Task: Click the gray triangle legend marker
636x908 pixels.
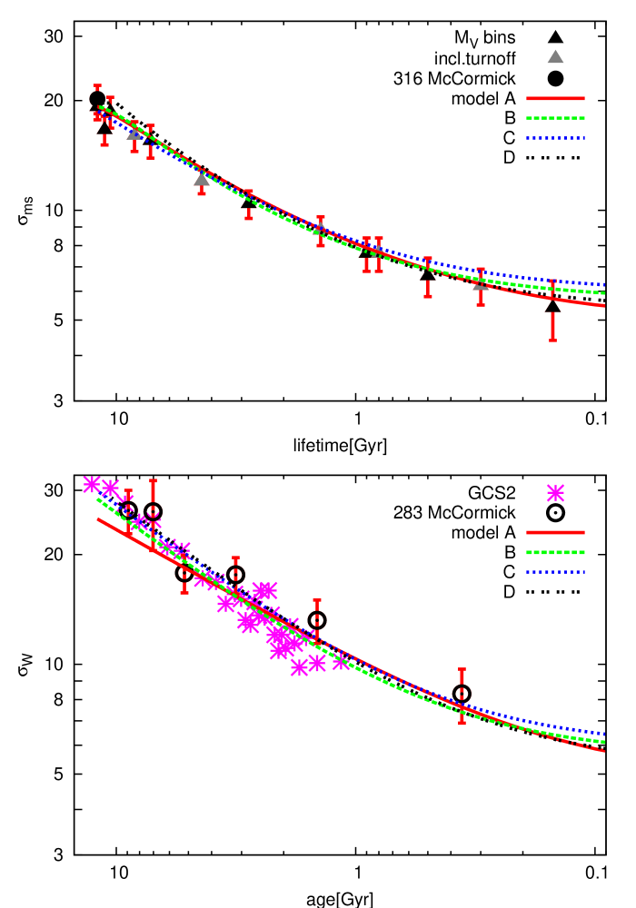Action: pyautogui.click(x=555, y=57)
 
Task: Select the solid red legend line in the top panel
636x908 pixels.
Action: pyautogui.click(x=555, y=98)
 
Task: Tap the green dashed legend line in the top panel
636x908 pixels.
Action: pyautogui.click(x=555, y=118)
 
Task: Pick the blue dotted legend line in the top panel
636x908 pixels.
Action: pyautogui.click(x=555, y=138)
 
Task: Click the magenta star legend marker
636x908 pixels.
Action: pyautogui.click(x=555, y=493)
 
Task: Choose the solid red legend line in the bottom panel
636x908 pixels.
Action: pyautogui.click(x=555, y=532)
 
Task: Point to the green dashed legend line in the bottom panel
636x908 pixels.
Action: pyautogui.click(x=555, y=552)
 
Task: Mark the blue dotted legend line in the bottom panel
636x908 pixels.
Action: pyautogui.click(x=555, y=572)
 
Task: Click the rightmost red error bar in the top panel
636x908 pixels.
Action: pyautogui.click(x=552, y=311)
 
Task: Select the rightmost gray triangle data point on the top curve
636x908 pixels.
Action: pyautogui.click(x=481, y=283)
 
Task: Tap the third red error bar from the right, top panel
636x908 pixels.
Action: pyautogui.click(x=428, y=277)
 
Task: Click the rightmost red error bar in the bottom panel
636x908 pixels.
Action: pyautogui.click(x=462, y=696)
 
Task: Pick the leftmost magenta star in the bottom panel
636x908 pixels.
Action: pyautogui.click(x=92, y=485)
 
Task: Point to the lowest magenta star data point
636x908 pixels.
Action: pyautogui.click(x=299, y=668)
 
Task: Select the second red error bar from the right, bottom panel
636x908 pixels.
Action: pyautogui.click(x=317, y=622)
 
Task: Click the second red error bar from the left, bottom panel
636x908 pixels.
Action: pyautogui.click(x=153, y=515)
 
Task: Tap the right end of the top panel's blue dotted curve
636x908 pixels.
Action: pyautogui.click(x=604, y=285)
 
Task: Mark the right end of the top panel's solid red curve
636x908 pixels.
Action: pyautogui.click(x=604, y=306)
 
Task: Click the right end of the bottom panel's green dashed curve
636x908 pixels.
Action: pyautogui.click(x=604, y=743)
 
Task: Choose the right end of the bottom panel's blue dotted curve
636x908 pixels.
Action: pyautogui.click(x=604, y=734)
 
